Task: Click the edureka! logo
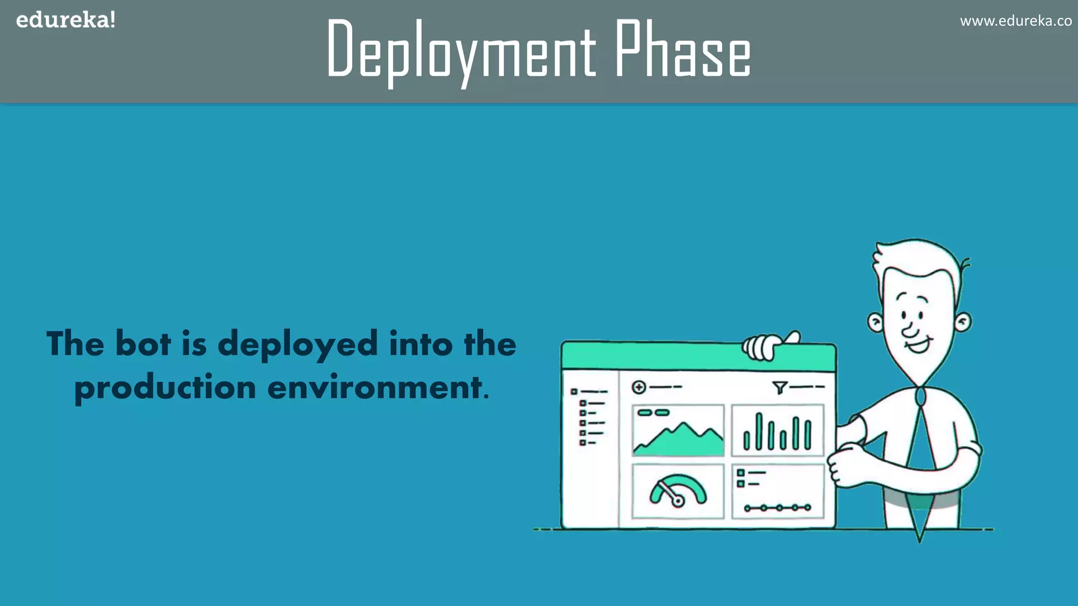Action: click(x=66, y=21)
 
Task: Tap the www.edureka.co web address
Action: click(x=1015, y=21)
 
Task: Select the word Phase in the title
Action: click(x=683, y=49)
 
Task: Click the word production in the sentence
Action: click(x=165, y=388)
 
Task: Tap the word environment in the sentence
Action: click(x=375, y=388)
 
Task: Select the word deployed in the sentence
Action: click(x=297, y=345)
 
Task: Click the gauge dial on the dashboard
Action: click(x=678, y=492)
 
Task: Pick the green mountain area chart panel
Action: click(x=678, y=430)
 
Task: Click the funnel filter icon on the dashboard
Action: click(x=780, y=388)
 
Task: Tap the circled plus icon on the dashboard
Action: click(x=638, y=387)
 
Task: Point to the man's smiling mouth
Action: click(x=918, y=346)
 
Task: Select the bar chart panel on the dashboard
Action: click(x=777, y=430)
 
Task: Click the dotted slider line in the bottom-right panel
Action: click(x=777, y=508)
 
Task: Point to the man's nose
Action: click(x=910, y=330)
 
